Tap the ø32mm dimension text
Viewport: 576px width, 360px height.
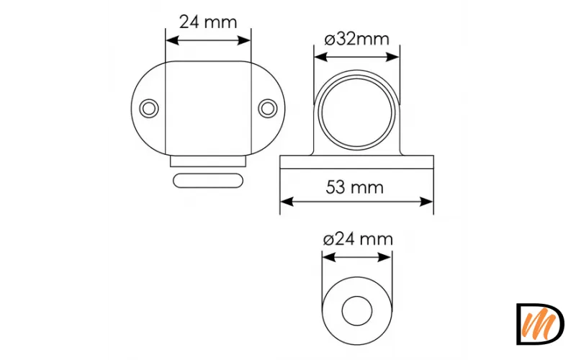click(356, 39)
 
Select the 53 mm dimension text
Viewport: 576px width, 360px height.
click(355, 188)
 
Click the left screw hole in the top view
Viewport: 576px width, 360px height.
click(149, 108)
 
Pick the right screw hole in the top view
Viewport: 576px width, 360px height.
click(268, 108)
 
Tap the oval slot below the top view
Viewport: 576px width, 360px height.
click(207, 179)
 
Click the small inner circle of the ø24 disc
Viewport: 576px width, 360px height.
click(356, 314)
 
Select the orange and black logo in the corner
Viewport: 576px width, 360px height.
click(539, 323)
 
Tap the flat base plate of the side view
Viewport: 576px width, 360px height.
click(357, 162)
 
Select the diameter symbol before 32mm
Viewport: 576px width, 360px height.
click(329, 39)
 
